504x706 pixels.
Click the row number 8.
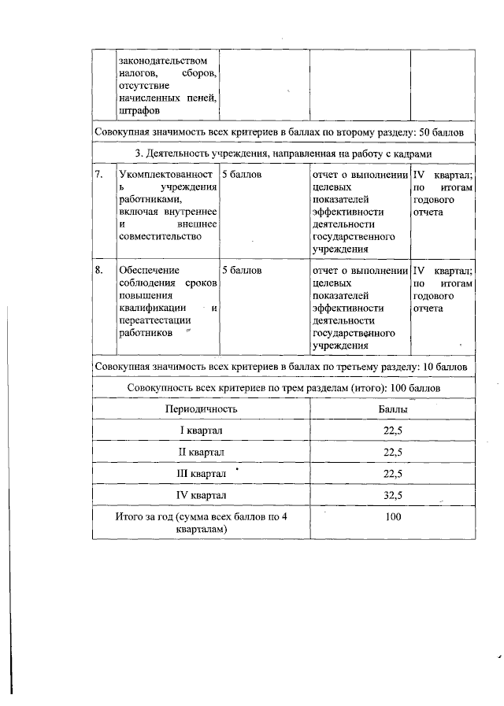(x=98, y=270)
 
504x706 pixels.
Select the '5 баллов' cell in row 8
(x=243, y=270)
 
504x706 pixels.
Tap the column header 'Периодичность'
(x=201, y=410)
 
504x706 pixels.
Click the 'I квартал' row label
(x=202, y=431)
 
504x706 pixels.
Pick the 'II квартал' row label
(x=202, y=453)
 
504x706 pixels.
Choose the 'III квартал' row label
(x=202, y=474)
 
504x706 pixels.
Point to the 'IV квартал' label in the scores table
(x=202, y=495)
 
